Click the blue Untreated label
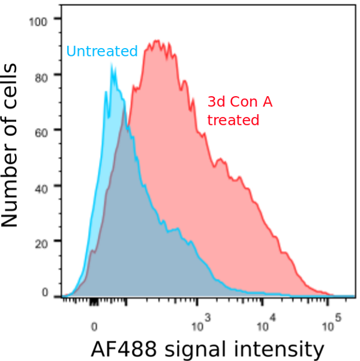click(102, 52)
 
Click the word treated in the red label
click(233, 120)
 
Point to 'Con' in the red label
click(242, 102)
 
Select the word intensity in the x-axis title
click(284, 348)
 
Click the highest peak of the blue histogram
click(112, 66)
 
